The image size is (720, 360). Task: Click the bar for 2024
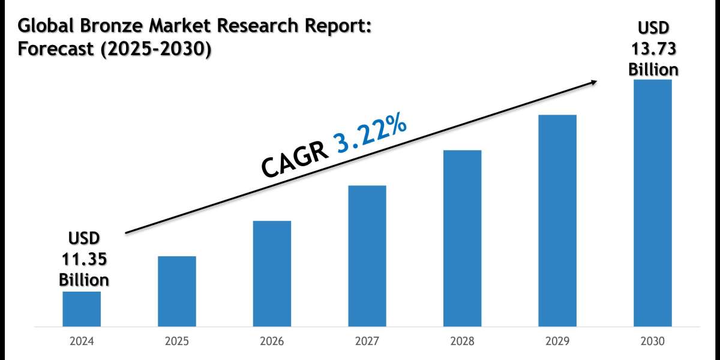click(82, 309)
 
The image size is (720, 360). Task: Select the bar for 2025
click(177, 292)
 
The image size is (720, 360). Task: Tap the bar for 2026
click(272, 274)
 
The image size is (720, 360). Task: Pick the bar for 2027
click(367, 256)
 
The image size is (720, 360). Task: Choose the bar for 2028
click(462, 238)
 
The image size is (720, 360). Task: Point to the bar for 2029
click(557, 221)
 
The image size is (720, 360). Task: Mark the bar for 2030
click(652, 203)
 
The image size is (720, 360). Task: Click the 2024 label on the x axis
click(82, 341)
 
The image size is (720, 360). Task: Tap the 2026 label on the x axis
click(272, 341)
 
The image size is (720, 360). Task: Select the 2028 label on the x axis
click(462, 341)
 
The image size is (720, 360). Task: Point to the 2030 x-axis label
click(652, 341)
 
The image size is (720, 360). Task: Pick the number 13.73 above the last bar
click(653, 49)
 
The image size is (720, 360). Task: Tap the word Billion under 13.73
click(653, 69)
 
